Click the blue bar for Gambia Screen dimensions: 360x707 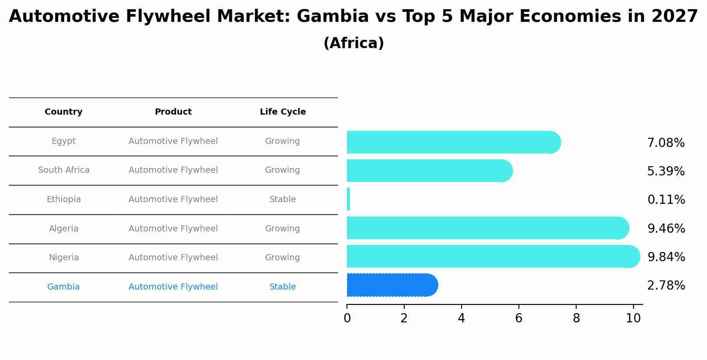tap(392, 285)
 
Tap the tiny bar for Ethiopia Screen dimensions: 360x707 tap(349, 199)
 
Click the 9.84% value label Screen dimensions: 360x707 tap(666, 257)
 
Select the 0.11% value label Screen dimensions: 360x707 tap(666, 200)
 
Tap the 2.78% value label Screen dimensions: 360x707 tap(666, 286)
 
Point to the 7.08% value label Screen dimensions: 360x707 tap(666, 143)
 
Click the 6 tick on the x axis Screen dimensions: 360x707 tap(518, 318)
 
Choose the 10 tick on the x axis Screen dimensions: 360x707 tap(633, 318)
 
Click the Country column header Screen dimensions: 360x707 tap(63, 112)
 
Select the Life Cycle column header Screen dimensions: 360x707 tap(283, 112)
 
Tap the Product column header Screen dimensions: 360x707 tap(173, 112)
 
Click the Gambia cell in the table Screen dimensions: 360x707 tap(63, 287)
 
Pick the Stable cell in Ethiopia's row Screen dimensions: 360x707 tap(283, 199)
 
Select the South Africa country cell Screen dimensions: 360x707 tap(63, 170)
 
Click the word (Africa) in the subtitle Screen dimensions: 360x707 tap(353, 43)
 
